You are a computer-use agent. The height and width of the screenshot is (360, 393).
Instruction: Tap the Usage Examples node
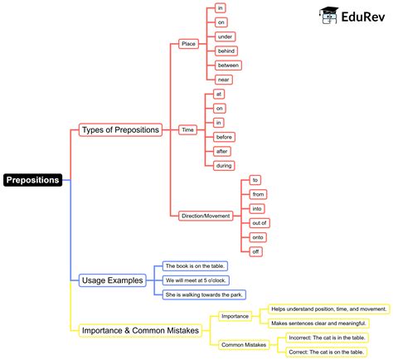point(112,280)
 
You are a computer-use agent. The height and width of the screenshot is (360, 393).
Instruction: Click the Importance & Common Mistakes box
point(140,330)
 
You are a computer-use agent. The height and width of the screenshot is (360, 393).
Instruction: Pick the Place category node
point(188,43)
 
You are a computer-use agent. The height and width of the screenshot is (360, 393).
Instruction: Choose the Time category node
point(187,129)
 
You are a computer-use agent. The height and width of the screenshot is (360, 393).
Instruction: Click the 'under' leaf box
point(225,36)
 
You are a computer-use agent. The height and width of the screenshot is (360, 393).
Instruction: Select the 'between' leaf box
point(228,65)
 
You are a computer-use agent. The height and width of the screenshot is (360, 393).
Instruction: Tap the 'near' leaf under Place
point(223,80)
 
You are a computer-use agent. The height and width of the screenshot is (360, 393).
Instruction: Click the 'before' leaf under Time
point(224,137)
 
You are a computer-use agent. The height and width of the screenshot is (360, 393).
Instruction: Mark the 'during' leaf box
point(224,166)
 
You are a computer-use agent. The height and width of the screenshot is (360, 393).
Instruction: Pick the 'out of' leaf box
point(260,222)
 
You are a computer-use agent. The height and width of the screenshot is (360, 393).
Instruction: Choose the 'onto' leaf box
point(258,236)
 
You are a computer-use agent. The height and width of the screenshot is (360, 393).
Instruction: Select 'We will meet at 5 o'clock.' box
point(196,280)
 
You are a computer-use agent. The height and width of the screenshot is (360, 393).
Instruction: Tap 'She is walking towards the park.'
point(204,294)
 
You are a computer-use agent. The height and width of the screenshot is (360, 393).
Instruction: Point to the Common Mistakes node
point(244,344)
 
